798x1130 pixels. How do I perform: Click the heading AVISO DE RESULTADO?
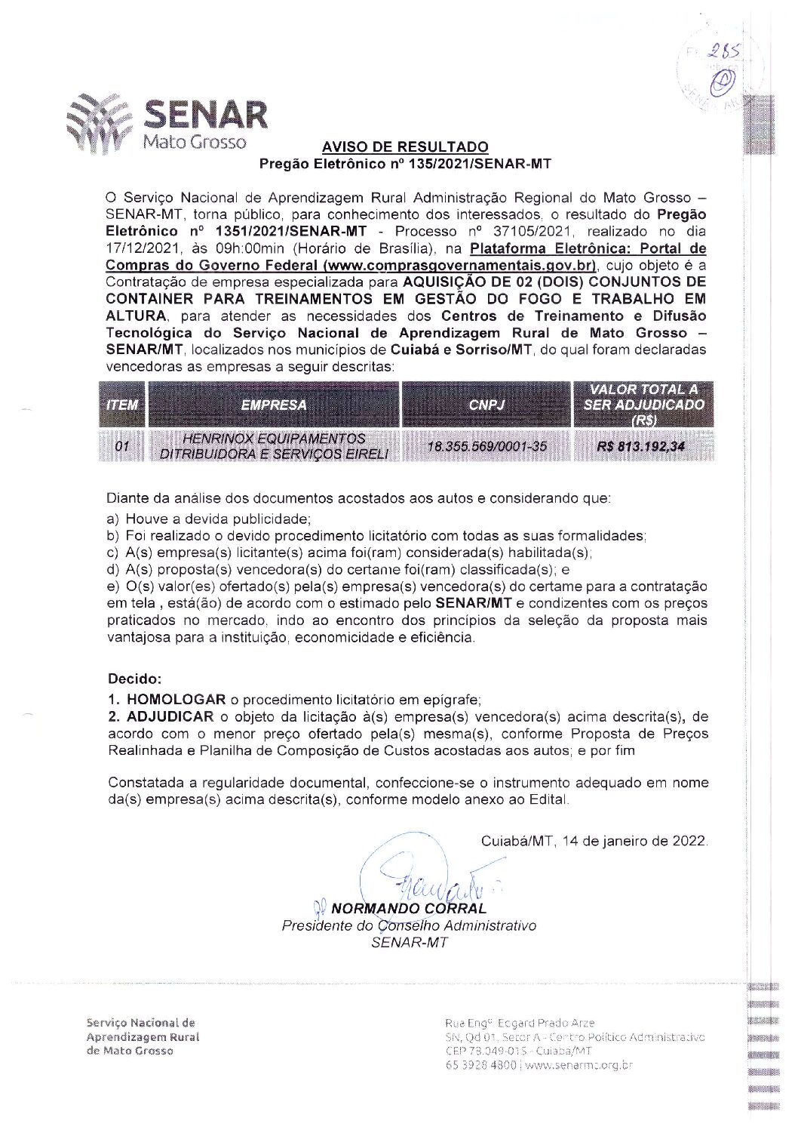405,146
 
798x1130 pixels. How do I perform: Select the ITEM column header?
122,405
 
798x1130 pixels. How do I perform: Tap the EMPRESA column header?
274,405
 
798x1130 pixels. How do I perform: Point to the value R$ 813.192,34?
640,446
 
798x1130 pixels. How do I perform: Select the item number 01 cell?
122,447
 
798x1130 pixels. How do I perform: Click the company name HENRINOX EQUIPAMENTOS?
274,439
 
